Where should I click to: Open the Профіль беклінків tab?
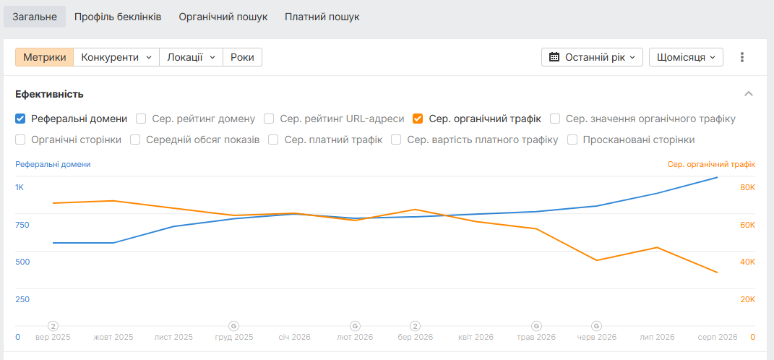point(118,17)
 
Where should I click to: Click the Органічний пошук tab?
point(223,17)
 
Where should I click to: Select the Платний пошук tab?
point(322,17)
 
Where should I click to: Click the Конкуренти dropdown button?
point(116,57)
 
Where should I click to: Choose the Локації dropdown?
point(191,57)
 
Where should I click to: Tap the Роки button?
point(242,57)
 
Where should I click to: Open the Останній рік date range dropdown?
point(592,57)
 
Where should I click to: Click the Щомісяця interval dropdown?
point(686,57)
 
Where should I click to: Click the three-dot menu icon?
point(742,57)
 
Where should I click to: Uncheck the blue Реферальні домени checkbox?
point(20,119)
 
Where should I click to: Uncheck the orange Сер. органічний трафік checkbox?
point(418,119)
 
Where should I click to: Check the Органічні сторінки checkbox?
point(20,140)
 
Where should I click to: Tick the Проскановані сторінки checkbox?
point(572,140)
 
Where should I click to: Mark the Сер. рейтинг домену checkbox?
point(141,119)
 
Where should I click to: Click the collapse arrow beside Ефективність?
point(749,94)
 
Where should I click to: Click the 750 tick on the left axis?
point(22,225)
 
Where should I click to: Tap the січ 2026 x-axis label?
point(295,338)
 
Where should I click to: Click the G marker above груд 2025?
point(234,326)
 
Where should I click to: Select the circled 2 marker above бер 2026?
point(416,326)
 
